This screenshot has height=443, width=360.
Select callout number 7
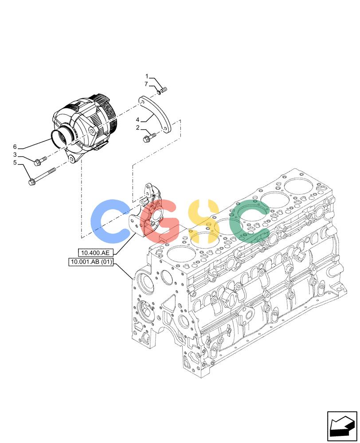pos(146,84)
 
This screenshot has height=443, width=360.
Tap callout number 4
pos(137,120)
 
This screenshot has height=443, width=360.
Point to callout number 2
pos(138,128)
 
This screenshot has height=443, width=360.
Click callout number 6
pos(15,147)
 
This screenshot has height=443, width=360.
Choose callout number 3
pos(15,155)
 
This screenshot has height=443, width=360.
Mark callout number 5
pos(15,163)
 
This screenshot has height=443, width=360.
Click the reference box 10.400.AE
pos(95,253)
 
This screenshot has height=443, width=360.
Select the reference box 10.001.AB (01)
pos(91,262)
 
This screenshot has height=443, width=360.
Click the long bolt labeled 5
pos(42,177)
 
